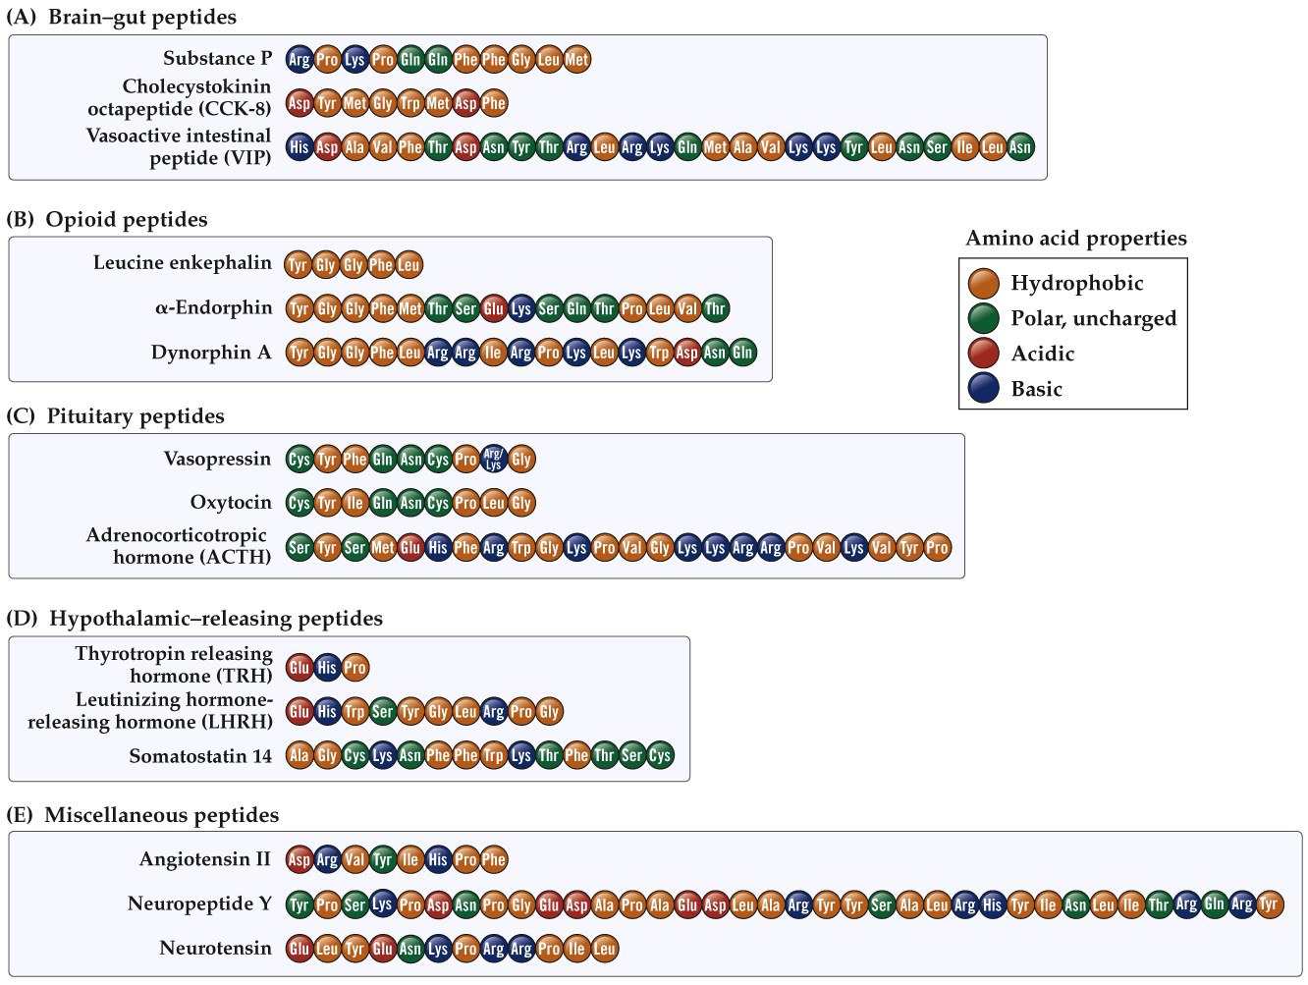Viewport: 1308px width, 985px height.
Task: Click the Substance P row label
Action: click(x=217, y=58)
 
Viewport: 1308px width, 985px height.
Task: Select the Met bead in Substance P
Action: click(x=577, y=59)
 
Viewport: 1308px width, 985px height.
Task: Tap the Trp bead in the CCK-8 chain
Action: click(x=410, y=103)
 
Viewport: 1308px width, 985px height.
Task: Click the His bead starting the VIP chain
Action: click(x=300, y=147)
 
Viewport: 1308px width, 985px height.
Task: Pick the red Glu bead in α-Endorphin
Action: click(x=493, y=308)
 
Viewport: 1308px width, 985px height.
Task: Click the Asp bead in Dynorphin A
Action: click(x=687, y=353)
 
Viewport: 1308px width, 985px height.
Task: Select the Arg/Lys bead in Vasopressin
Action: click(x=493, y=459)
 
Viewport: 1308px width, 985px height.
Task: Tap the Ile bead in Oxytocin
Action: click(x=354, y=503)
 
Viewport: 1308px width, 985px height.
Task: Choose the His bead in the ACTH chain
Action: click(x=438, y=547)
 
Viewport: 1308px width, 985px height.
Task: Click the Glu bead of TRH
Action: click(x=300, y=668)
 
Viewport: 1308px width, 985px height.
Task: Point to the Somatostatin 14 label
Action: click(x=200, y=755)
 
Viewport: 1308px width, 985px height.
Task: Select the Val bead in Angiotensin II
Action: click(x=354, y=859)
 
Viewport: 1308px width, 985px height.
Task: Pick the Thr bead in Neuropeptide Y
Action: click(x=1159, y=903)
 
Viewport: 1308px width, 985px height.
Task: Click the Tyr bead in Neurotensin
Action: click(x=354, y=949)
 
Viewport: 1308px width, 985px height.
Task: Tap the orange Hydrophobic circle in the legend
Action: click(x=983, y=284)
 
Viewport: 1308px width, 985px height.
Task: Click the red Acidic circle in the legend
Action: click(x=983, y=354)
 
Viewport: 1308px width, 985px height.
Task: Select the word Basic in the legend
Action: click(x=1036, y=389)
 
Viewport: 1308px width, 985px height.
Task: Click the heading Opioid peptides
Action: click(x=127, y=219)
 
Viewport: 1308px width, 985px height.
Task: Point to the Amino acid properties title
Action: click(x=1075, y=238)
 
